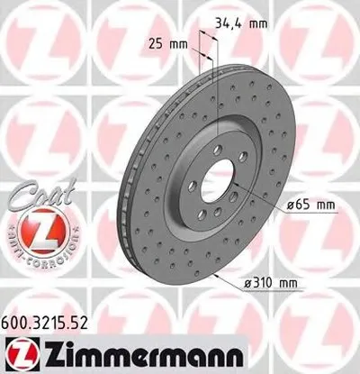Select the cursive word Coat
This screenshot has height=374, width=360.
35,192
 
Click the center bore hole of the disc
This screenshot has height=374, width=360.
217,184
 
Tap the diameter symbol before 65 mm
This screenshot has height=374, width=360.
292,205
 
